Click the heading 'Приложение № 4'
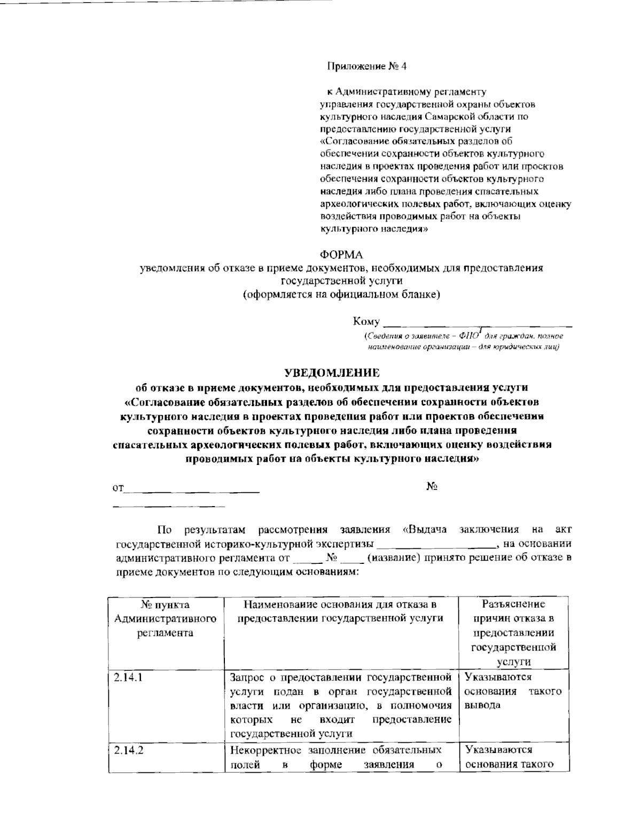(367, 67)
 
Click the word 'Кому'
(366, 322)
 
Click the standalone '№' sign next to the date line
(432, 486)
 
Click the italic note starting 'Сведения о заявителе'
(463, 341)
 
